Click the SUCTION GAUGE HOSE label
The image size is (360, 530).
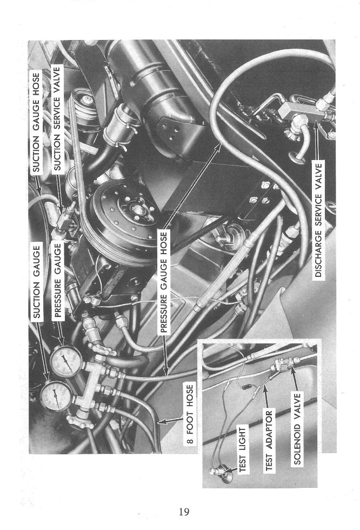pos(36,122)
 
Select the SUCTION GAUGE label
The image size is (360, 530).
pos(37,282)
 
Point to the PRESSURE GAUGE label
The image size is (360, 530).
pos(58,280)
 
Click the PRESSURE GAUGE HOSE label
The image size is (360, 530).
pos(164,282)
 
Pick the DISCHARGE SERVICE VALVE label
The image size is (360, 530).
pos(318,221)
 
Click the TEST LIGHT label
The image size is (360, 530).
pos(243,449)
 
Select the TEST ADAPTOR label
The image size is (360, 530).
pos(269,440)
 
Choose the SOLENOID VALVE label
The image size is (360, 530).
pos(297,428)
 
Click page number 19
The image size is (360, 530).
pos(184,512)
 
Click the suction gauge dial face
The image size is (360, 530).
pos(56,396)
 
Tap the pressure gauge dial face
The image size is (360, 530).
pos(66,361)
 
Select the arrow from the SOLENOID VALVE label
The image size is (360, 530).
pos(295,378)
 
